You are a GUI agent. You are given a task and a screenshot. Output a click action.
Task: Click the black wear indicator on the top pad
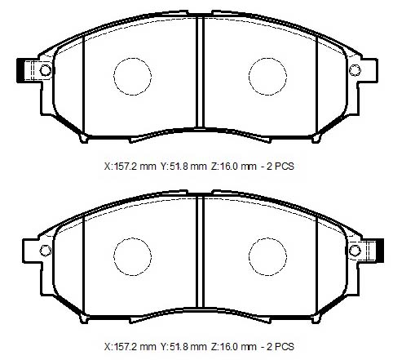point(20,70)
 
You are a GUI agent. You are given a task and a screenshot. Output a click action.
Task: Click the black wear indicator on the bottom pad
point(380,251)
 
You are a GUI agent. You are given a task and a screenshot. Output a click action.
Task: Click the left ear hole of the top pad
point(46,70)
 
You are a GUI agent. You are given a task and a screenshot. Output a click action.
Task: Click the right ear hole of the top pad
point(355,70)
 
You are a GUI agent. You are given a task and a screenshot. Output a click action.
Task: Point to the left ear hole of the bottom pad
point(46,251)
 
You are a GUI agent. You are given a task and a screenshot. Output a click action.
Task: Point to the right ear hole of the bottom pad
point(355,251)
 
